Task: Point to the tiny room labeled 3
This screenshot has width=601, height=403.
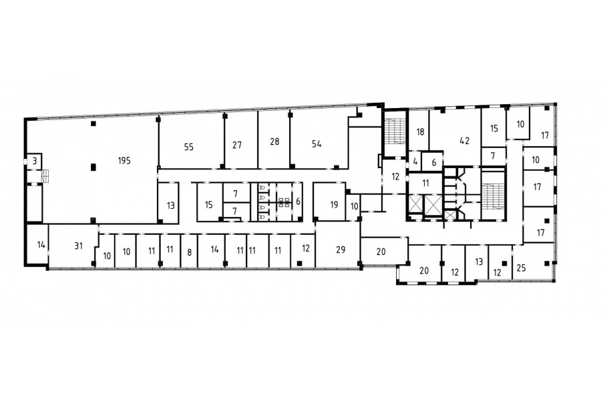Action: [x=35, y=161]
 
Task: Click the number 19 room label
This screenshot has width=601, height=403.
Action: [x=334, y=205]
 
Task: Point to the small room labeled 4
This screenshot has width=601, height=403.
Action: [x=415, y=161]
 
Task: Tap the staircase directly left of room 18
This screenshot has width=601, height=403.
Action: [x=395, y=132]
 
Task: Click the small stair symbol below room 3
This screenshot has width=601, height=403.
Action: [x=45, y=175]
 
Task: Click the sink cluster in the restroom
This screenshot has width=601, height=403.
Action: [x=284, y=202]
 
